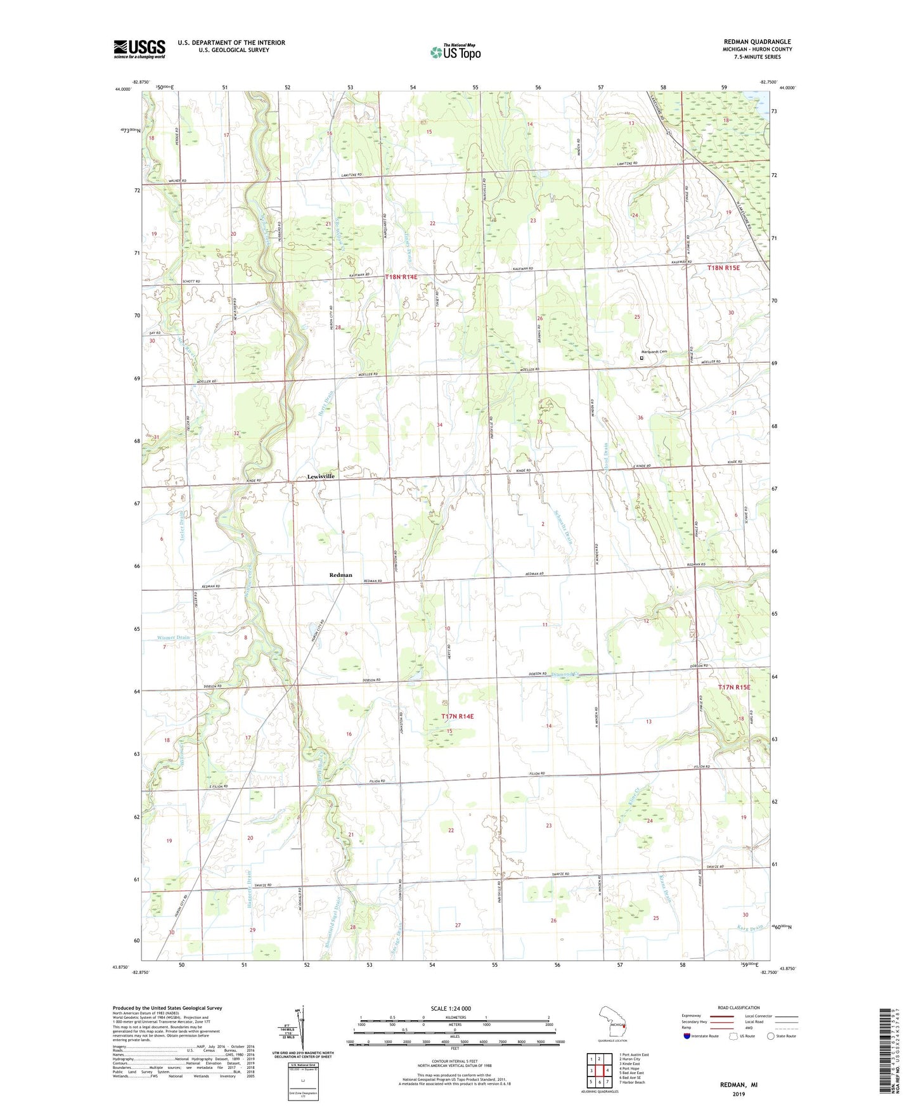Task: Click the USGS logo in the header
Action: click(139, 49)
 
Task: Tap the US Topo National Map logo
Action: click(455, 51)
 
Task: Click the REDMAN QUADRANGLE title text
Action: click(757, 42)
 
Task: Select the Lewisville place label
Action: click(320, 476)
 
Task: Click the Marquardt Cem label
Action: click(655, 352)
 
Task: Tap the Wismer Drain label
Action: click(173, 637)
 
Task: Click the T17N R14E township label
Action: click(457, 716)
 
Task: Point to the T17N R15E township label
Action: click(734, 687)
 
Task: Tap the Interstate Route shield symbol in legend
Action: click(687, 1036)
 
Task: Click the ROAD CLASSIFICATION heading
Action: click(739, 1007)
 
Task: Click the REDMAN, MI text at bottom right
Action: click(739, 1085)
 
